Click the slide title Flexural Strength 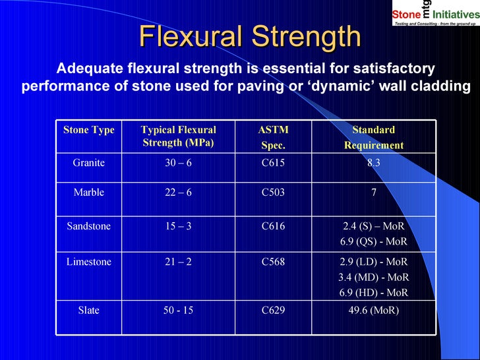[251, 37]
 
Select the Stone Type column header [89, 130]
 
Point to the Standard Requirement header [373, 137]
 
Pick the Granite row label [89, 163]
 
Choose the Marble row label [89, 193]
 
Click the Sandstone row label [89, 226]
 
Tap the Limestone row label [89, 262]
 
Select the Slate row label [89, 309]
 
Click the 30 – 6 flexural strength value [178, 163]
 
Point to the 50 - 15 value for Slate [178, 309]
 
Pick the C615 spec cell [273, 163]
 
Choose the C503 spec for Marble [273, 193]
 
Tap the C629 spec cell [273, 309]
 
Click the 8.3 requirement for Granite [373, 163]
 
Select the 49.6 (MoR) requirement [373, 309]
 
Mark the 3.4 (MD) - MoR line [373, 277]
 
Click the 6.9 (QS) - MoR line [373, 241]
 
